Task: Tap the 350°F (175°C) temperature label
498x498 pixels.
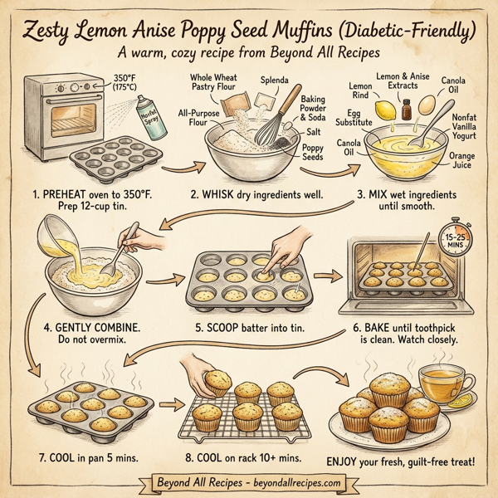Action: pyautogui.click(x=124, y=83)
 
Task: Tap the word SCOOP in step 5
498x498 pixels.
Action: pyautogui.click(x=225, y=327)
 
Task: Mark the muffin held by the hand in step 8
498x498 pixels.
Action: pyautogui.click(x=218, y=383)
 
